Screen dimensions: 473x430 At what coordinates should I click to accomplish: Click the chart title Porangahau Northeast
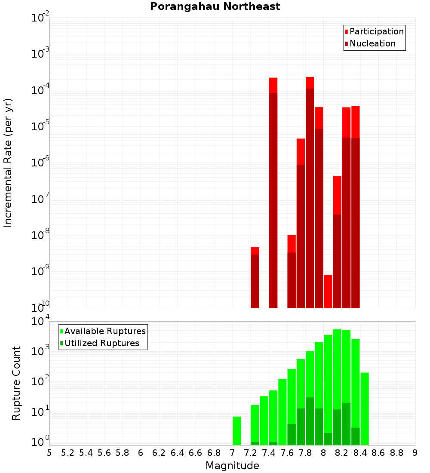click(x=215, y=6)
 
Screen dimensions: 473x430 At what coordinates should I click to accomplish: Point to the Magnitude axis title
click(x=232, y=466)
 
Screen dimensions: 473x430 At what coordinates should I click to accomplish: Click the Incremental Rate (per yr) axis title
click(x=8, y=163)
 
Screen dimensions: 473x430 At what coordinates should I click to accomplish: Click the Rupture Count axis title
click(x=16, y=383)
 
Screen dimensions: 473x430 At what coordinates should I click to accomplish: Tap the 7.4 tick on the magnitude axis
click(x=269, y=453)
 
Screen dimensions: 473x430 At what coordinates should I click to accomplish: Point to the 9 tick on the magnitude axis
click(x=415, y=453)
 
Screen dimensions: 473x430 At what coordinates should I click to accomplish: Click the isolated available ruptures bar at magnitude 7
click(x=236, y=430)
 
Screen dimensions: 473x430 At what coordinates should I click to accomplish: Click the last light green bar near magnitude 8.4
click(x=365, y=408)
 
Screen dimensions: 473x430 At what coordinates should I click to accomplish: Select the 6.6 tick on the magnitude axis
click(x=196, y=453)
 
